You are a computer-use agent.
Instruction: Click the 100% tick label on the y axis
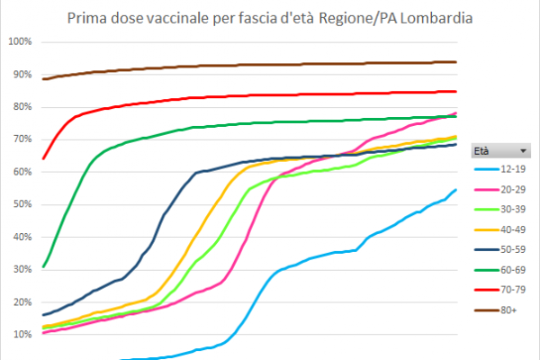pos(20,41)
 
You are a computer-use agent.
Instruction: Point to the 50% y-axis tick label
pos(22,204)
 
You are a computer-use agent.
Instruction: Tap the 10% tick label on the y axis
pos(22,334)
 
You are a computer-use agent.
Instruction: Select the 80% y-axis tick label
pos(22,107)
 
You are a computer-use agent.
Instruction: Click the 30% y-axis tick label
pos(22,269)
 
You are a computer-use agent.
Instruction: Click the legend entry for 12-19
pos(500,169)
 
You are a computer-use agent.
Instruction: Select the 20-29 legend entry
pos(500,190)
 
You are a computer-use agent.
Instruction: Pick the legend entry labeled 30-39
pos(500,210)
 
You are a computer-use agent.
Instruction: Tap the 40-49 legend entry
pos(500,229)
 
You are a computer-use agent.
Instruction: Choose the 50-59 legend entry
pos(500,249)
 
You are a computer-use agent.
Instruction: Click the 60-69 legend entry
pos(500,270)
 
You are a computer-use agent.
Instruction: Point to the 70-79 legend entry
pos(500,290)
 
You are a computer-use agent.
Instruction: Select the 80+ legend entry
pos(496,310)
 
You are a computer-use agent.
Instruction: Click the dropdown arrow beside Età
pos(523,151)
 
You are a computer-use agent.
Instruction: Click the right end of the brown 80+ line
pos(456,62)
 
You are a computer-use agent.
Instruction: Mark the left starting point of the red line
pos(43,158)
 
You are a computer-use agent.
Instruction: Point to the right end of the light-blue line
pos(456,190)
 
